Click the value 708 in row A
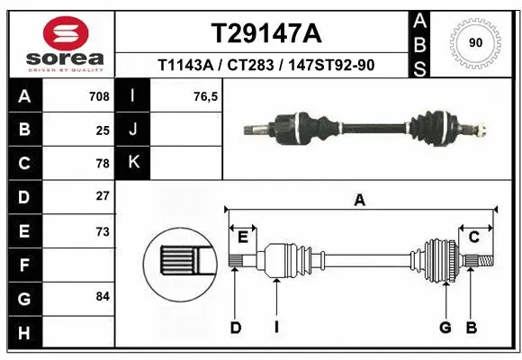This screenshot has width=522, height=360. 98,96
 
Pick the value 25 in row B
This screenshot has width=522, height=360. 102,130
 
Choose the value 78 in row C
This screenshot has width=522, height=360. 102,164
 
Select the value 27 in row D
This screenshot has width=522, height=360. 102,196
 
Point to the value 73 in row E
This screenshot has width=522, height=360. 102,231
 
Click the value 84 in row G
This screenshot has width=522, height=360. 102,296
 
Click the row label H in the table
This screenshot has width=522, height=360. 23,333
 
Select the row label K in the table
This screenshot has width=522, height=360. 134,163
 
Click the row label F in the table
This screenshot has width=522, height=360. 23,266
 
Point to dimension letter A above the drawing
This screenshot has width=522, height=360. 360,201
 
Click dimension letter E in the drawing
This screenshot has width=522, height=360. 242,238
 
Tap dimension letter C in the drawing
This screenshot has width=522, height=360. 473,238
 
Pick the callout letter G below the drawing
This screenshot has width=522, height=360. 445,328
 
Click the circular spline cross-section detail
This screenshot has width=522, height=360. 182,262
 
